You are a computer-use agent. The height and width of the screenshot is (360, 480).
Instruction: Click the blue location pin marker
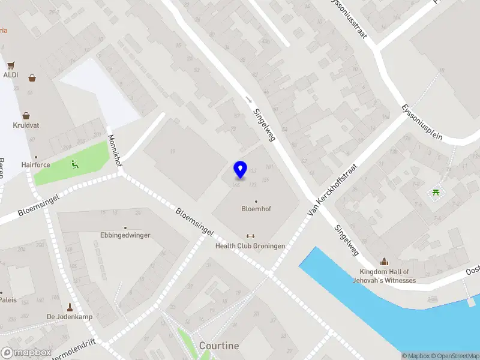click(241, 169)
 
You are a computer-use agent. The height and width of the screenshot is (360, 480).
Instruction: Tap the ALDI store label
click(11, 75)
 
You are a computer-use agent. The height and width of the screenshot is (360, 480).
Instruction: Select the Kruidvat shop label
click(26, 125)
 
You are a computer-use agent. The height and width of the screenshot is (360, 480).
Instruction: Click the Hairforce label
click(35, 164)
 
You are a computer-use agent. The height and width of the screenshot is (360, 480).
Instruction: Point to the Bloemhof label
click(256, 209)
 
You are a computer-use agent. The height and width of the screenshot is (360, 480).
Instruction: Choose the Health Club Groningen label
click(250, 246)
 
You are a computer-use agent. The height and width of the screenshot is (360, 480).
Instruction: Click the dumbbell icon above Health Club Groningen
click(250, 236)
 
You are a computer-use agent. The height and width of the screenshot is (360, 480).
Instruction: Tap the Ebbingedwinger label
click(125, 235)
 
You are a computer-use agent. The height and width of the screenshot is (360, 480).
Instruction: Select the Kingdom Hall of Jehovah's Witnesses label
click(384, 276)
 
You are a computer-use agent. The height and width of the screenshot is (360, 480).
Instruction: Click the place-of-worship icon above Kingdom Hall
click(384, 262)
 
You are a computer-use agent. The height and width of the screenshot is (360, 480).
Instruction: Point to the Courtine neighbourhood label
click(218, 346)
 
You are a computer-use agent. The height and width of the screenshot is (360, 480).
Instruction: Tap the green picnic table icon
click(436, 192)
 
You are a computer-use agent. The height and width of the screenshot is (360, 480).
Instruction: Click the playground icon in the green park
click(74, 164)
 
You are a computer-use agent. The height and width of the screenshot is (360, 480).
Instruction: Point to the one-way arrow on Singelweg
click(248, 100)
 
